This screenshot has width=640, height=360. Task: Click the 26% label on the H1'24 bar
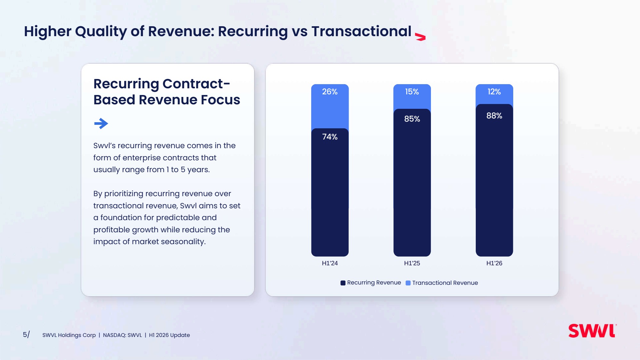coord(330,92)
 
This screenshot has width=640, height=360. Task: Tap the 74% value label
coord(330,137)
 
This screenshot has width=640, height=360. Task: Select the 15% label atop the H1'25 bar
coord(412,92)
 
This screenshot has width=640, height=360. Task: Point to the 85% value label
coord(412,119)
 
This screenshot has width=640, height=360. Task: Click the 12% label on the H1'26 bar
coord(494,92)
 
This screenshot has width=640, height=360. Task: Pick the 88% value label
coord(494,116)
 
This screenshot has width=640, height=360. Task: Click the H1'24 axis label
coord(330,263)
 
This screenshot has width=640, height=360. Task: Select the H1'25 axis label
coord(412,263)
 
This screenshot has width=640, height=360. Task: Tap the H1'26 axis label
coord(494,263)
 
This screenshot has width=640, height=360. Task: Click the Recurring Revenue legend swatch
coord(343,283)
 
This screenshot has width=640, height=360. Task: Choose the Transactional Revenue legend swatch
coord(408,283)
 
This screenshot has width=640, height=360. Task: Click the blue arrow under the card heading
coord(101,124)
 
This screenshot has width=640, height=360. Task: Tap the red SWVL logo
coord(592,331)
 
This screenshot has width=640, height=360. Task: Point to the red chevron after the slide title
coord(420,37)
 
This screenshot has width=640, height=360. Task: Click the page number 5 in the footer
coord(25,335)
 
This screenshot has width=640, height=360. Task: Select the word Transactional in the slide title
coord(361,31)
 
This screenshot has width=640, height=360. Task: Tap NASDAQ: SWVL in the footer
coord(122,335)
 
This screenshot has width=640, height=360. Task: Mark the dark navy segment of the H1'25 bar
coord(412,183)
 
